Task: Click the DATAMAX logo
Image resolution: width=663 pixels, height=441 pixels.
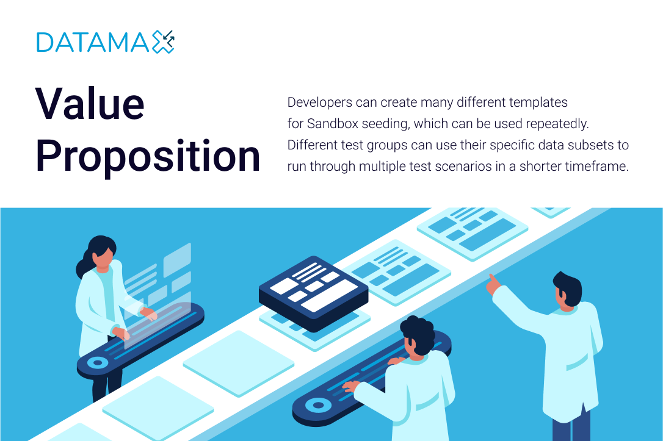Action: point(105,42)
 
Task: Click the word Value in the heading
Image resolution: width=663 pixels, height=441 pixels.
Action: point(90,104)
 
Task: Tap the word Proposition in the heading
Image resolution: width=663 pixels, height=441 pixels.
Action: point(148,156)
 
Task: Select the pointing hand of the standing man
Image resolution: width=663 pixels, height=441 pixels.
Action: point(493,284)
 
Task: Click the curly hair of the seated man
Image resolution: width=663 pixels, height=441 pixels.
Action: point(418,334)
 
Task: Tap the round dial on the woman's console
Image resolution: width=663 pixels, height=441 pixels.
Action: point(98,362)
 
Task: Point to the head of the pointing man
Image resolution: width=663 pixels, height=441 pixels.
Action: point(567,290)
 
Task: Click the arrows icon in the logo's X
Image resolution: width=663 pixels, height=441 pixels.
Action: point(168,38)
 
